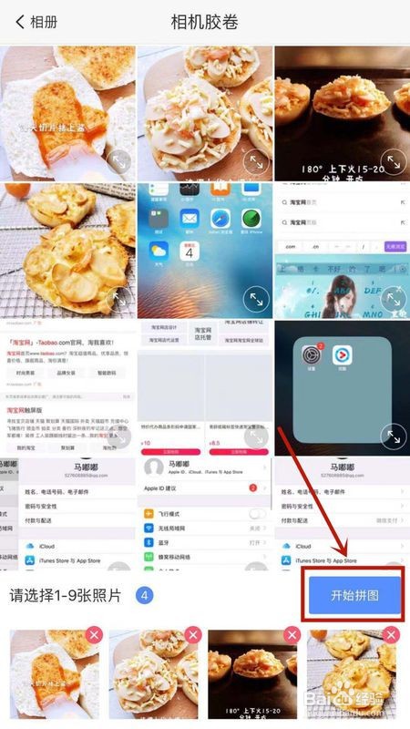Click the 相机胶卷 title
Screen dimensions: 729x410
coord(205,22)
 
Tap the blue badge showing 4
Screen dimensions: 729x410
coord(144,596)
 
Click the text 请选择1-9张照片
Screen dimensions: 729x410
coord(70,596)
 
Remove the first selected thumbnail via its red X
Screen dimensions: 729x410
coord(93,635)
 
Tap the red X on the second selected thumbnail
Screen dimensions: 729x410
coord(192,635)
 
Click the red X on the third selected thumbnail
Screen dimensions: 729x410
coord(292,635)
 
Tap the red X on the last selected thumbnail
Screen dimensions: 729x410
coord(391,635)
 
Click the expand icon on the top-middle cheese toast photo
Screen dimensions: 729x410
coord(257,162)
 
